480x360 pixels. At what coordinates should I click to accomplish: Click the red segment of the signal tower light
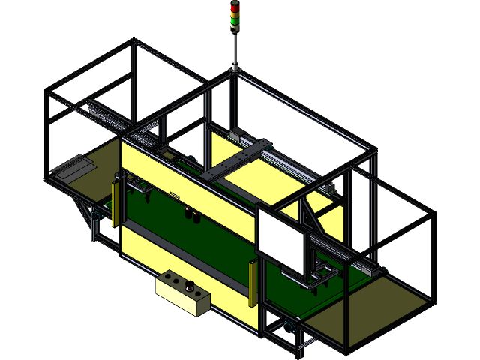(x=235, y=6)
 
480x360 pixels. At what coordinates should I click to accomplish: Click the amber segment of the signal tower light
(x=235, y=13)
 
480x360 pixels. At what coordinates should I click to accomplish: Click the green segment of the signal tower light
(x=235, y=21)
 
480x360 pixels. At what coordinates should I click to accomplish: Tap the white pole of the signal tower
(x=235, y=49)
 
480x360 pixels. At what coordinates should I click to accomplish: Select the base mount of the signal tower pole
(x=235, y=70)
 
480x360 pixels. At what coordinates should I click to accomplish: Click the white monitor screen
(x=282, y=239)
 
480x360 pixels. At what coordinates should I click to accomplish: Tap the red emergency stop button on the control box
(x=190, y=285)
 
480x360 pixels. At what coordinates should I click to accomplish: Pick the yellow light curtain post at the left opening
(x=115, y=201)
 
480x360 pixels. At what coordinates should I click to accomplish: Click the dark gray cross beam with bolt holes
(x=232, y=159)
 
